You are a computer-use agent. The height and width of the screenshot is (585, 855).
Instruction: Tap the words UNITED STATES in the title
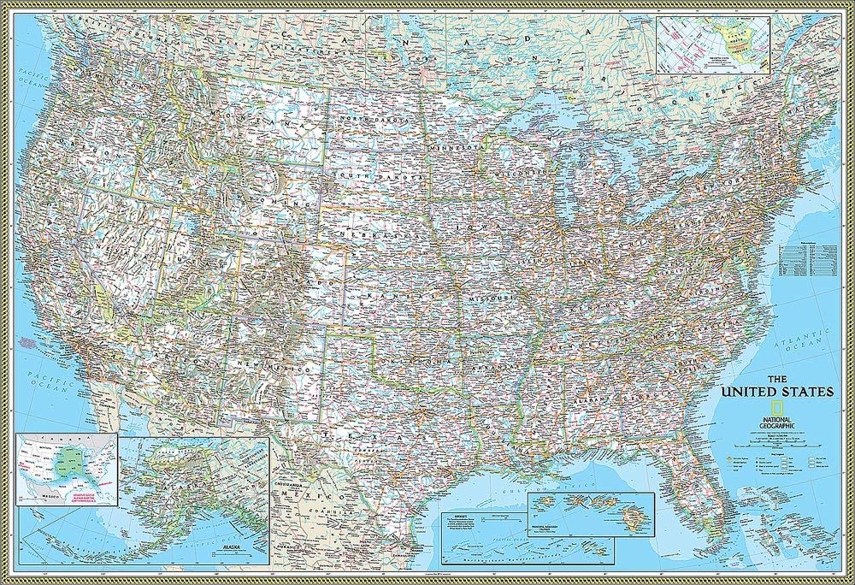click(777, 392)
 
